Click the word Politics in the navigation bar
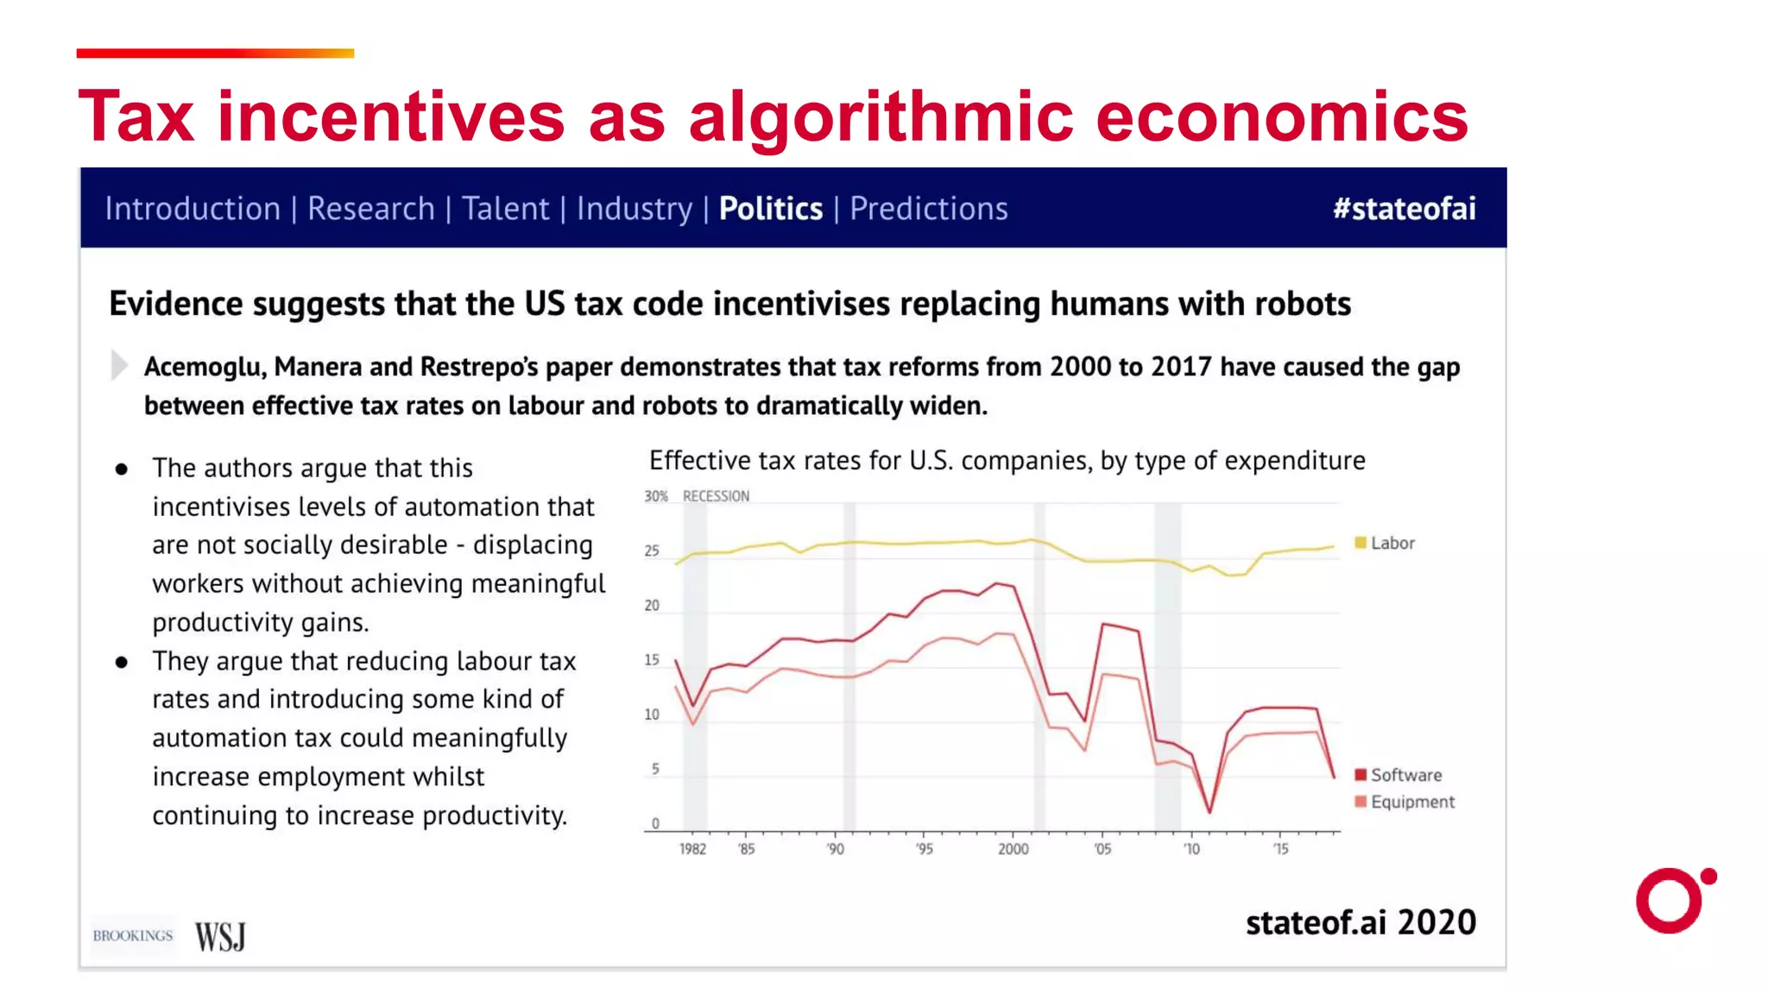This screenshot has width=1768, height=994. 770,209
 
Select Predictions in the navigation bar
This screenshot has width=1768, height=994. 928,209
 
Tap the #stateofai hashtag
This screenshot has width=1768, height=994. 1404,209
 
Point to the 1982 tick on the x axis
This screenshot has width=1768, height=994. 692,849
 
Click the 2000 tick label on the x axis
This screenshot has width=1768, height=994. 1013,849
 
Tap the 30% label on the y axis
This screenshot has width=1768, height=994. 655,496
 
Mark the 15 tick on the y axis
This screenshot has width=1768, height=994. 652,660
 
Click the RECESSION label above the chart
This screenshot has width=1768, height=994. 716,496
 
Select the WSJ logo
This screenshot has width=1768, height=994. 220,936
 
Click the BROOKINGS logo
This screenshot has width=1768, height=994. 133,936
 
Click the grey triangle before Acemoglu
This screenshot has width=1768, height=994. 119,365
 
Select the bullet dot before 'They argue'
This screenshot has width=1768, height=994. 122,662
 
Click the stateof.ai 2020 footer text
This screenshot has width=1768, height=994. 1360,922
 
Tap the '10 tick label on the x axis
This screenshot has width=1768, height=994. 1191,849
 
